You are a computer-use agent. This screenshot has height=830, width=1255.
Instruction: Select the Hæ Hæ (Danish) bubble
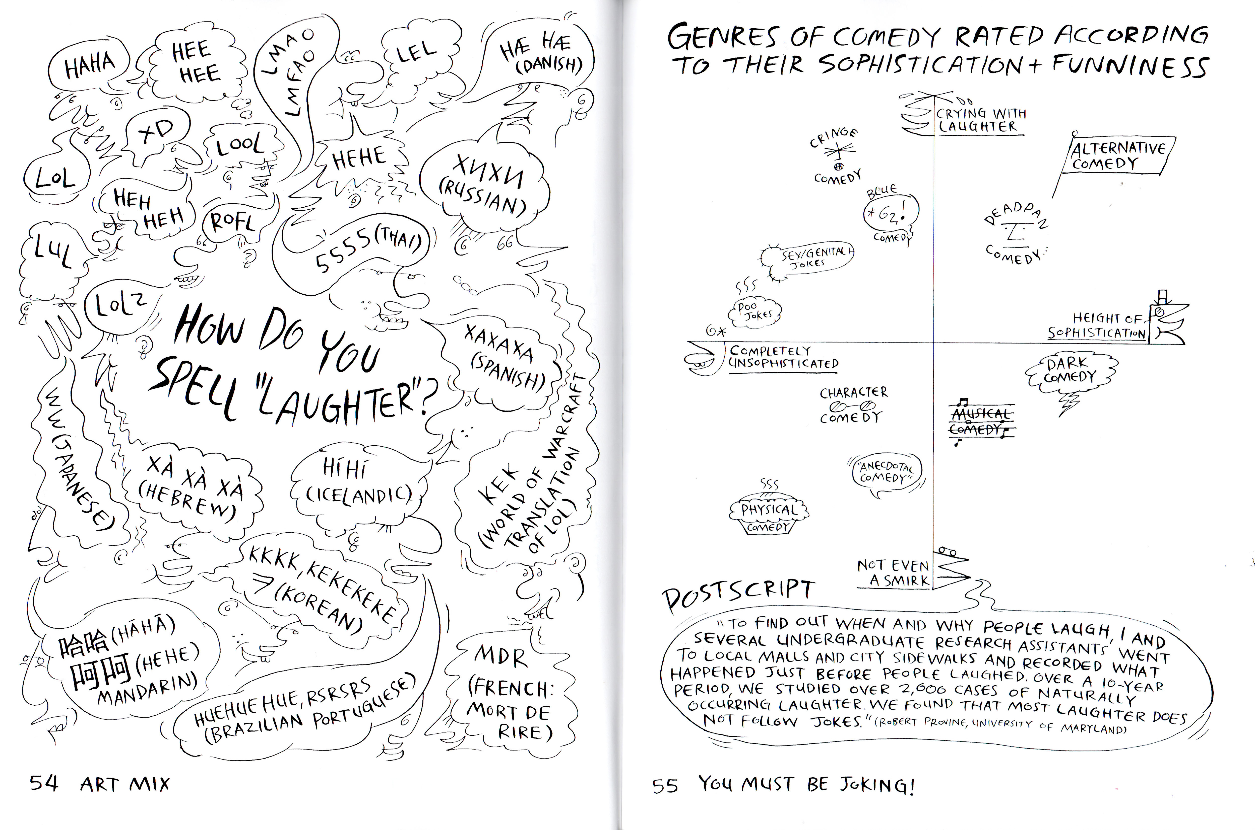(540, 53)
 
